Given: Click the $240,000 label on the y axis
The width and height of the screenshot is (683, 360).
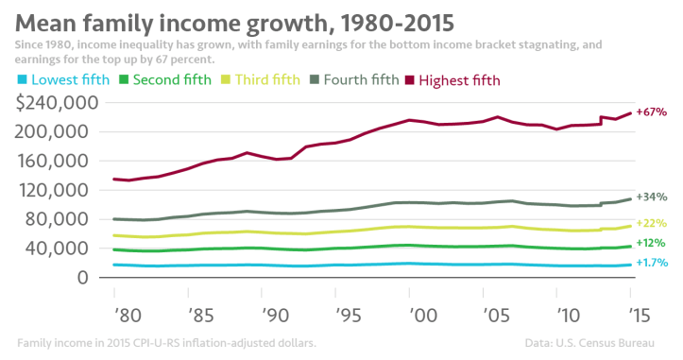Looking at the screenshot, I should (x=60, y=103).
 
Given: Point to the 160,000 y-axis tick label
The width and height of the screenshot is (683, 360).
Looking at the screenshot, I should (x=64, y=162).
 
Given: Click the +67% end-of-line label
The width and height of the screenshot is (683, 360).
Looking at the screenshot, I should (x=652, y=112).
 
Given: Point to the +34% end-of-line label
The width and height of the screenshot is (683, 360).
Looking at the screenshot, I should (x=652, y=197).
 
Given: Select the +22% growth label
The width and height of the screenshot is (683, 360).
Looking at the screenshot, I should (x=652, y=223).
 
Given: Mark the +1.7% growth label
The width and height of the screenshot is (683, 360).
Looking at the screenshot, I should (x=654, y=263).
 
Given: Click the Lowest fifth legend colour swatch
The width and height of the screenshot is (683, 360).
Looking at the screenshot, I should (x=24, y=80).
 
